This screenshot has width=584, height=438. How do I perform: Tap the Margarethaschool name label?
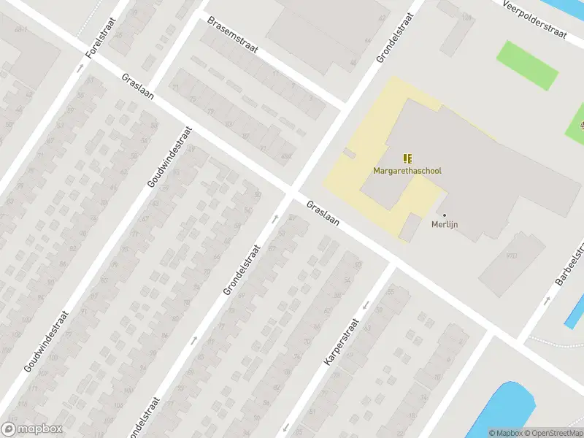click(407, 171)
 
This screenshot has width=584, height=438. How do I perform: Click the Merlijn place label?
click(445, 224)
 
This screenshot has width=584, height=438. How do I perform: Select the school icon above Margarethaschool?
click(407, 158)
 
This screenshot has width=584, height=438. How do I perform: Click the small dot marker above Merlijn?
click(445, 215)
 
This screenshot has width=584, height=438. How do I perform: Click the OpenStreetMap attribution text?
click(553, 433)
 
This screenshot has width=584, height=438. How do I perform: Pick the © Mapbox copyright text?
click(506, 433)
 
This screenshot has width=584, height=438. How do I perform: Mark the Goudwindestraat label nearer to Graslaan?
click(170, 157)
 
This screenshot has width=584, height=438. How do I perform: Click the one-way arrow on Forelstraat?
click(80, 68)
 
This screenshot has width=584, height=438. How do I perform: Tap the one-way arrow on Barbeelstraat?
click(545, 300)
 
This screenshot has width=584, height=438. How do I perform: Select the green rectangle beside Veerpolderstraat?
click(527, 64)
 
